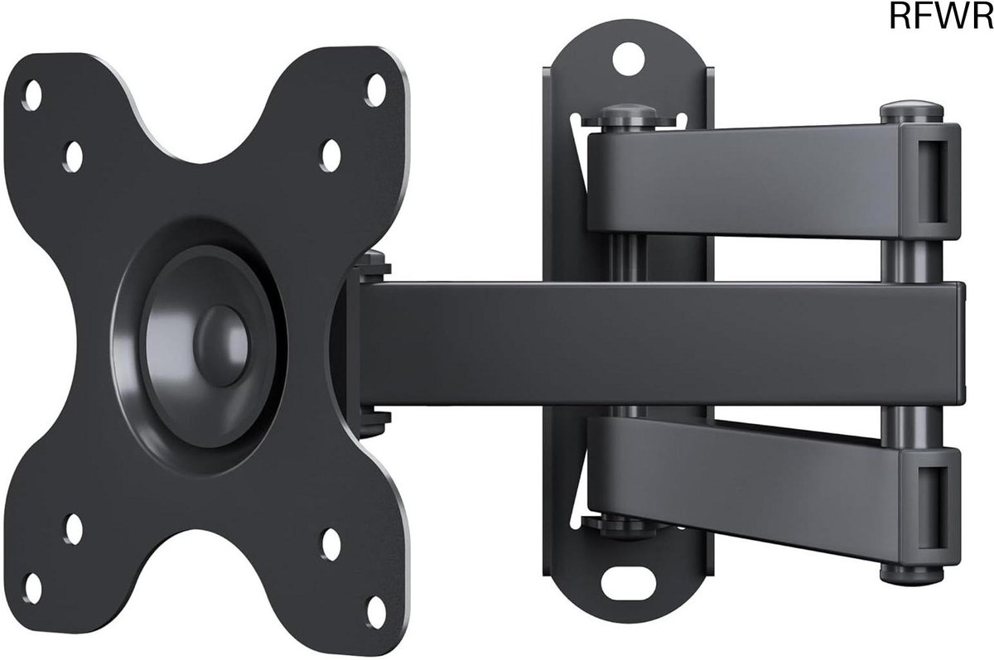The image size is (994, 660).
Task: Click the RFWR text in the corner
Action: pos(941,16)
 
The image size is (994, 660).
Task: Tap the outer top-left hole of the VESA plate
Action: pos(33,95)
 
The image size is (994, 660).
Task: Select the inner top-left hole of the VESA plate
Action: pos(74,157)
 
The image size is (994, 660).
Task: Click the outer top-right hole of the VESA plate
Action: pos(376,90)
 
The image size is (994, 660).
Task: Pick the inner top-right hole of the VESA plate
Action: pos(331,156)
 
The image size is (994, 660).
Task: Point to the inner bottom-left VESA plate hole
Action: pos(74,529)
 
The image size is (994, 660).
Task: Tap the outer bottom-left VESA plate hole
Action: pos(33,589)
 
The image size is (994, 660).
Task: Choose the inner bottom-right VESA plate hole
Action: pos(331,544)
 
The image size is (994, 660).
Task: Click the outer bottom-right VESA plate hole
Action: pos(376,613)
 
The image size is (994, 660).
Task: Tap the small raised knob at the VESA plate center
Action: pos(221,345)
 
